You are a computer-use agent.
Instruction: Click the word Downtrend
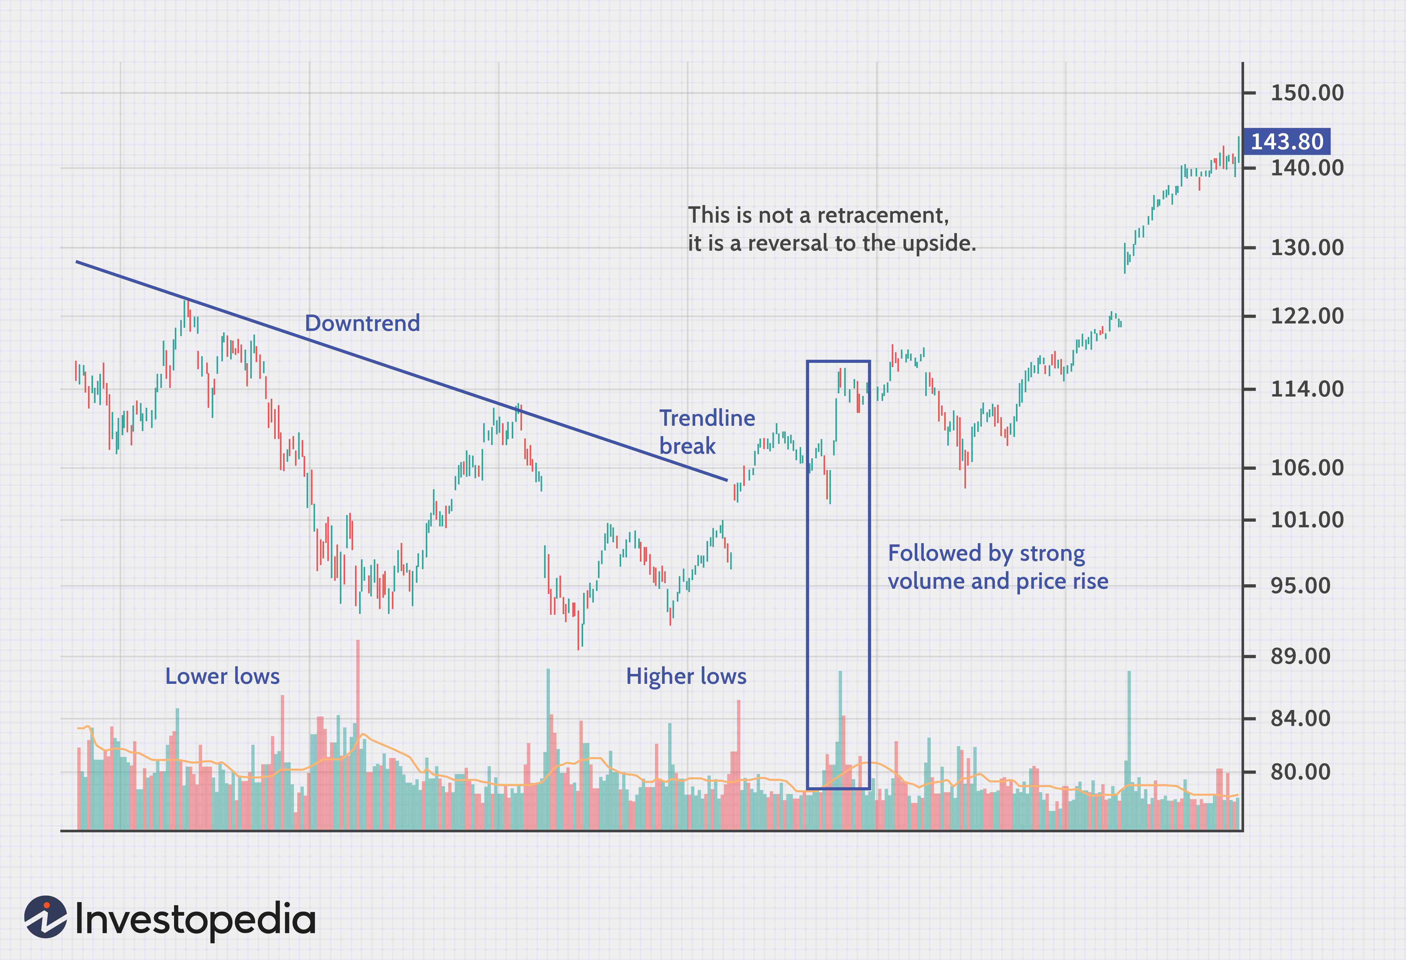point(362,323)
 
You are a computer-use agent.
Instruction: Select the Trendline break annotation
point(707,432)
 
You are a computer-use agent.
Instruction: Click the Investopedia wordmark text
point(195,919)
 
